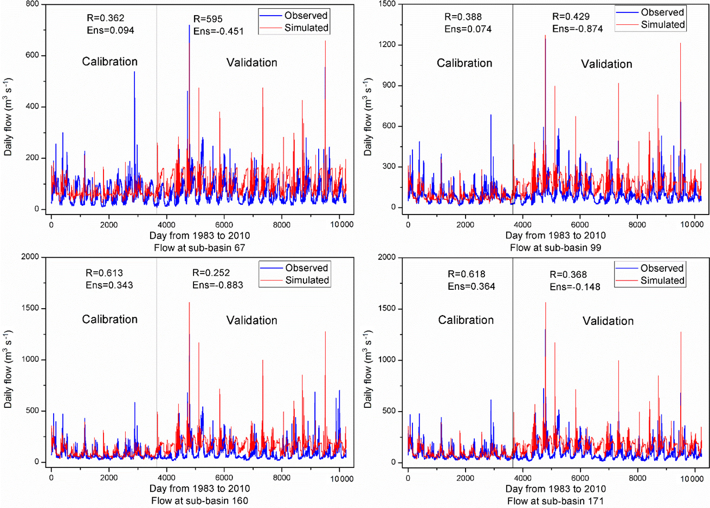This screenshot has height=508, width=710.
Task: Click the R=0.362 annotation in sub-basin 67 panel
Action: click(105, 18)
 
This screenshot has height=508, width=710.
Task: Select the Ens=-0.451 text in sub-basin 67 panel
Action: click(218, 31)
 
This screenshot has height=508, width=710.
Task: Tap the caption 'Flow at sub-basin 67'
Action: click(199, 248)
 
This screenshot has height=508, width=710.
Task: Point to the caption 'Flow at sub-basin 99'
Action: click(556, 248)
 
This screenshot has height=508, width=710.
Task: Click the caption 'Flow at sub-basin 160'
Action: click(199, 500)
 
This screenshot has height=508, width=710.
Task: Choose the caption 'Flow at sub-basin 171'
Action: click(556, 501)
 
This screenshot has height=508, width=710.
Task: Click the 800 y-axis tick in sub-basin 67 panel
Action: click(32, 4)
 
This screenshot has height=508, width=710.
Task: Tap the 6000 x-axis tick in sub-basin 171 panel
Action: click(580, 478)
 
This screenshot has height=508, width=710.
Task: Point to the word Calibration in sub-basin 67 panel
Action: click(109, 62)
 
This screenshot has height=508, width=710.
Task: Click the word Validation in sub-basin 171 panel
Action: click(608, 321)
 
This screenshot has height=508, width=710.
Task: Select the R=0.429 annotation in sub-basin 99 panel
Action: click(571, 17)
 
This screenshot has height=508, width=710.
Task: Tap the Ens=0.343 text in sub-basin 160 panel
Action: click(109, 285)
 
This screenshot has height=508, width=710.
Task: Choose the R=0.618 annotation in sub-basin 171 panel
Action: click(466, 274)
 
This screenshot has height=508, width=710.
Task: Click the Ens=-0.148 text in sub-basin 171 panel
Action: click(575, 286)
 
